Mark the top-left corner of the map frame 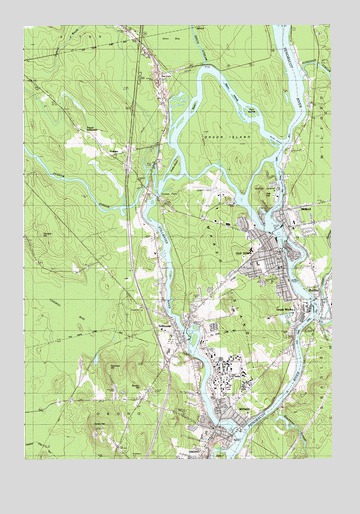26,26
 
